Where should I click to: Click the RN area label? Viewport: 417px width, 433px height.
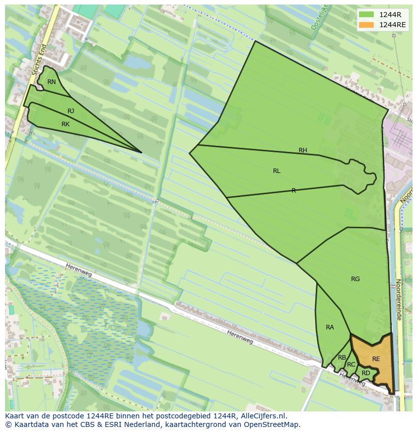point(51,82)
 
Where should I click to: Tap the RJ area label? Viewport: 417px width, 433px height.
point(71,111)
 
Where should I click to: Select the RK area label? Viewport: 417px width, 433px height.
point(65,124)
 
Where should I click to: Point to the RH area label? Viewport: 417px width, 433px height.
point(303,150)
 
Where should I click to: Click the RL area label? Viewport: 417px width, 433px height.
point(276,171)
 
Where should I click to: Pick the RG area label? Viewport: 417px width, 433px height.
point(356,279)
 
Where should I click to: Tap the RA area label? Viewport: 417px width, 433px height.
point(330,327)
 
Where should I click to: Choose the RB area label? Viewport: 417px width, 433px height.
point(342,358)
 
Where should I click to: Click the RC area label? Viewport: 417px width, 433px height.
point(351,365)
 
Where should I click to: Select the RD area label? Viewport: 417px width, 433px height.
point(366,373)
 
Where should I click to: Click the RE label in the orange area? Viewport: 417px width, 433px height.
point(376,359)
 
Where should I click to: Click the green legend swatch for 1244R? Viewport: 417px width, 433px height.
point(366,15)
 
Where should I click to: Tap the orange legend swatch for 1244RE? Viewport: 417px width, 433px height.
point(366,25)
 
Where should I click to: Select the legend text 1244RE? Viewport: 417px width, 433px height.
point(393,25)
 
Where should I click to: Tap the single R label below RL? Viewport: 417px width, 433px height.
point(294,191)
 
